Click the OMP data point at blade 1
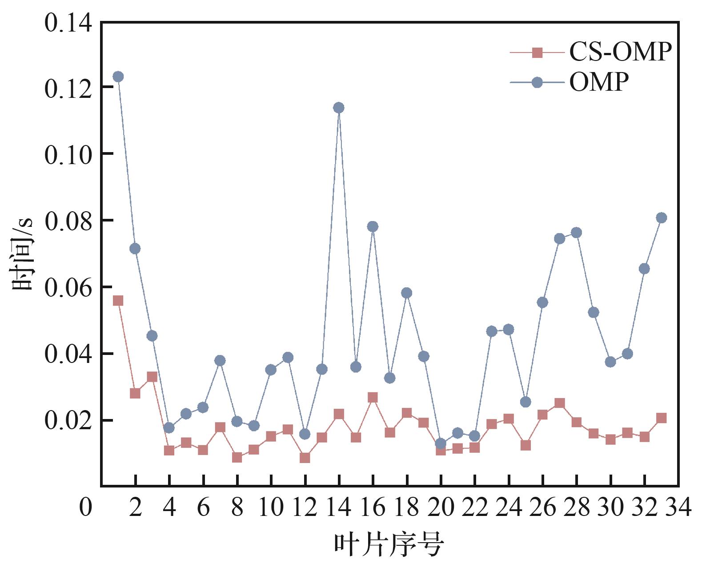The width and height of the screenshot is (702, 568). coord(118,77)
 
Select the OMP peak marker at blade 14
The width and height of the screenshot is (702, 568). coord(339,108)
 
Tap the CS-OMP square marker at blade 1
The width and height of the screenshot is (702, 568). coord(118,301)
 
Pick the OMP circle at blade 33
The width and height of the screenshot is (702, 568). coord(661,218)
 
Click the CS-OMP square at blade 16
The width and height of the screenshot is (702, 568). coord(373,397)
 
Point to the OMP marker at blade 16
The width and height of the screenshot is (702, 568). coord(373,226)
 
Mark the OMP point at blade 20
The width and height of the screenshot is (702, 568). coord(441,443)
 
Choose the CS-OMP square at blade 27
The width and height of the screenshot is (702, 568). coord(559,403)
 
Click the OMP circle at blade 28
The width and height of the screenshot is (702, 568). coord(576,233)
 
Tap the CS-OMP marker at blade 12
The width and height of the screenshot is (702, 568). coord(305,458)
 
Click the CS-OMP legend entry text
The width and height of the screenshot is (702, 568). coord(620,52)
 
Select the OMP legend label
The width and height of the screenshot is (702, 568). coord(599,82)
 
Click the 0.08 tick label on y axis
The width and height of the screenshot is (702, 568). coord(68,221)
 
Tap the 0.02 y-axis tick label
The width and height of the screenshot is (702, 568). coord(68,420)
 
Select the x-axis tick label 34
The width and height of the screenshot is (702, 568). coord(678,507)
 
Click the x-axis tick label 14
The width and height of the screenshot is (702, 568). coord(339,507)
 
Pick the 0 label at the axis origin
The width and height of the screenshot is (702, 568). coord(85,507)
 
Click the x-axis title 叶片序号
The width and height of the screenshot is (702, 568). coord(389,545)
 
